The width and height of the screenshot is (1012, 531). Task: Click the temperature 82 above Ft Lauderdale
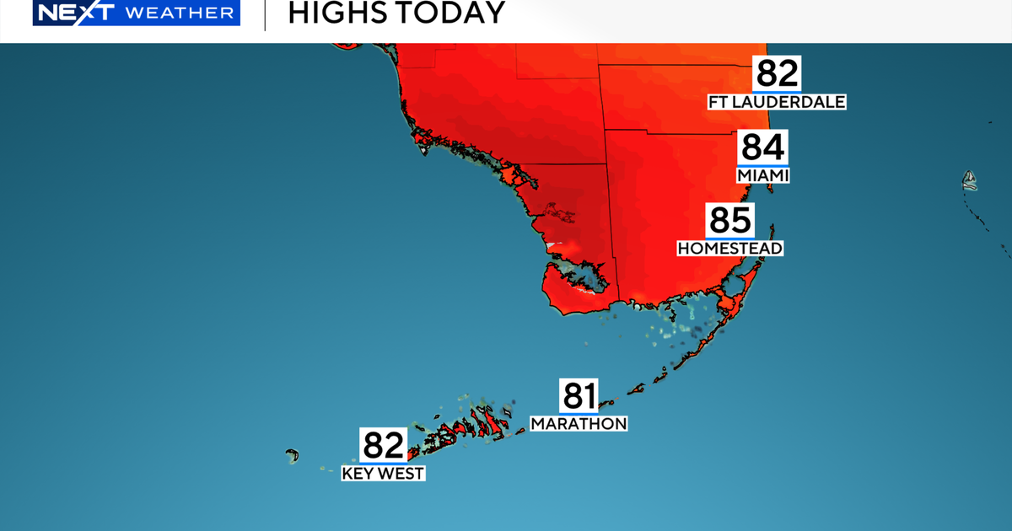(777, 74)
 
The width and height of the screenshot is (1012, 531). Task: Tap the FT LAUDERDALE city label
(777, 102)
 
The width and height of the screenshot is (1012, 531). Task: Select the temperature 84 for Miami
(762, 148)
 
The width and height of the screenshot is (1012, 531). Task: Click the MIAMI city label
(762, 175)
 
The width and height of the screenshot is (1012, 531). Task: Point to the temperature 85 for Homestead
(729, 221)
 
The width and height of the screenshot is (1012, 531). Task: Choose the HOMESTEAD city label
(730, 249)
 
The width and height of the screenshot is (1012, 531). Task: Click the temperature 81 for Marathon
(579, 396)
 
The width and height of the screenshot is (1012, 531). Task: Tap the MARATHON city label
(579, 423)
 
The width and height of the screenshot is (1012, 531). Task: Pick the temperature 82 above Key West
(384, 445)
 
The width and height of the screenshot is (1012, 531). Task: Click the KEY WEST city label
(383, 474)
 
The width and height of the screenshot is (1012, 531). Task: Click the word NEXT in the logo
(68, 13)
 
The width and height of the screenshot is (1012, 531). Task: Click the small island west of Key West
(293, 456)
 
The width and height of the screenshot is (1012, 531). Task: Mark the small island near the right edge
(970, 179)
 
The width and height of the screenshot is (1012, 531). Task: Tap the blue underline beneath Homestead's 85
(729, 239)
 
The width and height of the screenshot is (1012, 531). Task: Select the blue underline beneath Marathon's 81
(579, 413)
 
